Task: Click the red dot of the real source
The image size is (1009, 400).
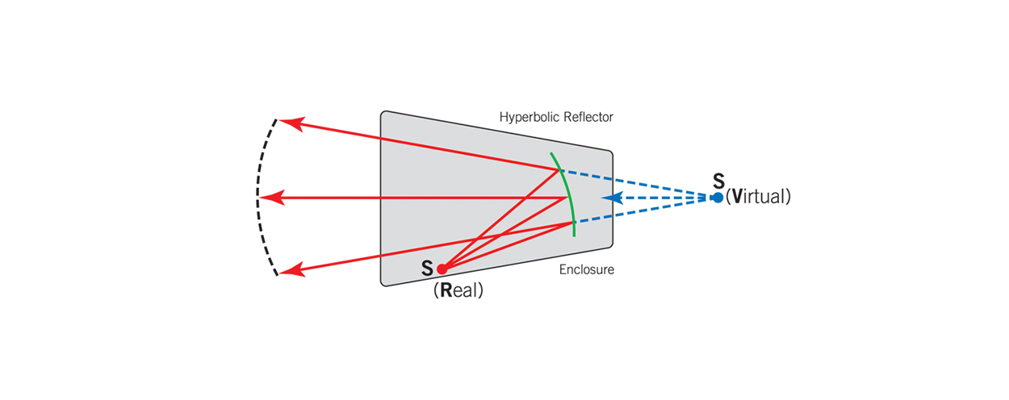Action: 442,269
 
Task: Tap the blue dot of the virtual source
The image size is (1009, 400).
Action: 718,198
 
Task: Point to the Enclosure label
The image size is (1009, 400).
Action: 587,269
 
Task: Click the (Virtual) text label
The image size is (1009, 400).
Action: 758,197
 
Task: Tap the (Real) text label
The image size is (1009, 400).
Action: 458,290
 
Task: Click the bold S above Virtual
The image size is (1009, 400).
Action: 719,181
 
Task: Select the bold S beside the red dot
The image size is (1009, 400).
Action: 427,269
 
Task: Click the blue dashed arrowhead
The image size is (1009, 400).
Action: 612,198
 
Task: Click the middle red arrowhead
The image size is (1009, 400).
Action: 272,198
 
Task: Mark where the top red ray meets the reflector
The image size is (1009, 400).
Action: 559,169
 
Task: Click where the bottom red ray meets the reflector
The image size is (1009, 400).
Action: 573,223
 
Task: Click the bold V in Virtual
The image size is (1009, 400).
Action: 737,197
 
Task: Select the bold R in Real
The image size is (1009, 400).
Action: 446,290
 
